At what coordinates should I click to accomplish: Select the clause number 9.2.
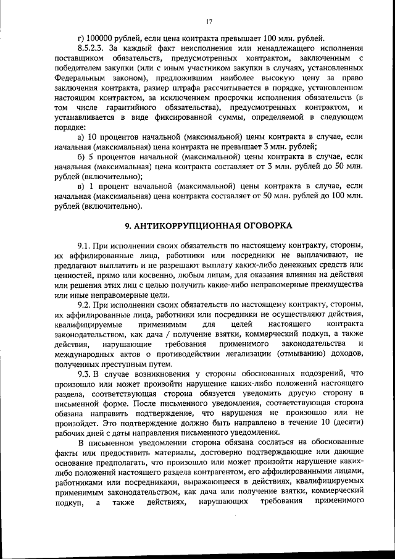click(84, 305)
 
